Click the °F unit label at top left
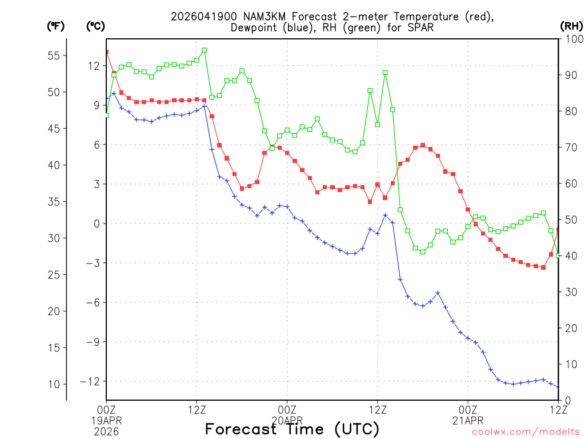[x=55, y=26]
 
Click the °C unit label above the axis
[x=95, y=26]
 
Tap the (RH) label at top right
[x=571, y=26]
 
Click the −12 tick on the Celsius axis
[x=89, y=381]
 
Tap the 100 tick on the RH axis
[x=571, y=39]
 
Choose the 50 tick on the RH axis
[x=569, y=219]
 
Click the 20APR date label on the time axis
[x=287, y=420]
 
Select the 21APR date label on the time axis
[x=468, y=420]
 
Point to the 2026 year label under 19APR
[x=106, y=430]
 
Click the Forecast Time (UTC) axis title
[x=292, y=429]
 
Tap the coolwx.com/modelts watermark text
[x=526, y=432]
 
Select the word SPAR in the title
[x=423, y=27]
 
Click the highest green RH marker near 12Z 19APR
[x=204, y=50]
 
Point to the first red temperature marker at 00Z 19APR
[x=106, y=52]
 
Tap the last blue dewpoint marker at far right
[x=558, y=387]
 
